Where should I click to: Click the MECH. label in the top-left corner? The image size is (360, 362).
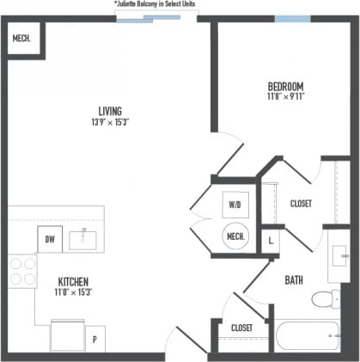[21, 38]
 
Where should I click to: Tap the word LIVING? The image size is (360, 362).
[109, 111]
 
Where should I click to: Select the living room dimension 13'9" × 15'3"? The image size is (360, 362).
[109, 123]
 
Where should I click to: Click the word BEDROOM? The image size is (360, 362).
[285, 86]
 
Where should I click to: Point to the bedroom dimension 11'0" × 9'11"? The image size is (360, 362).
[285, 96]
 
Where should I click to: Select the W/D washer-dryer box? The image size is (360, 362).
[234, 206]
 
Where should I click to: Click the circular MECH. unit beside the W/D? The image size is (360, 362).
[235, 236]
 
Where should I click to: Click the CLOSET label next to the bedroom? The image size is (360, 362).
[301, 204]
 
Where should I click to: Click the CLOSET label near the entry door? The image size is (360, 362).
[241, 328]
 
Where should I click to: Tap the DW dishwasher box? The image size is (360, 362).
[49, 239]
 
